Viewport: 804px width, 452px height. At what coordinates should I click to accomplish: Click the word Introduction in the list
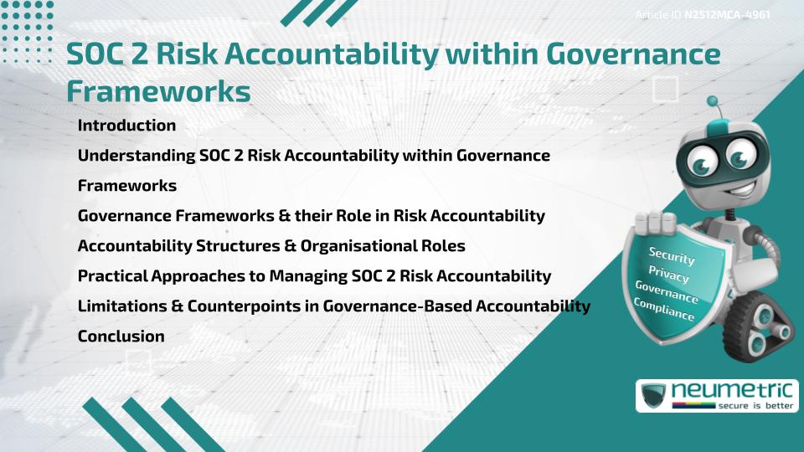click(126, 126)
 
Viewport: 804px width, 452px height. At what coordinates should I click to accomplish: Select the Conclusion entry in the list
click(121, 336)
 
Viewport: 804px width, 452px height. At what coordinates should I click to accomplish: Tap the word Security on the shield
click(672, 256)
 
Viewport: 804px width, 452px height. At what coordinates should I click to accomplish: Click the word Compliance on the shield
click(664, 309)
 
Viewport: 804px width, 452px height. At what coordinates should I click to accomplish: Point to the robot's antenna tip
click(713, 102)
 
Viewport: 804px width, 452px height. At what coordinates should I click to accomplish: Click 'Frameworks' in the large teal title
click(158, 91)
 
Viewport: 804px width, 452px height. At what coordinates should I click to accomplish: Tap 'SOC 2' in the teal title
click(102, 54)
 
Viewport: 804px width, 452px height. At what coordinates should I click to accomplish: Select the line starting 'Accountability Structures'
click(271, 246)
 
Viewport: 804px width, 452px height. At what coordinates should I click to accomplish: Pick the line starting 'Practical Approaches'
click(314, 276)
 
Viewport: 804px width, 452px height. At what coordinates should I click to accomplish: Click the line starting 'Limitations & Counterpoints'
click(333, 306)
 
